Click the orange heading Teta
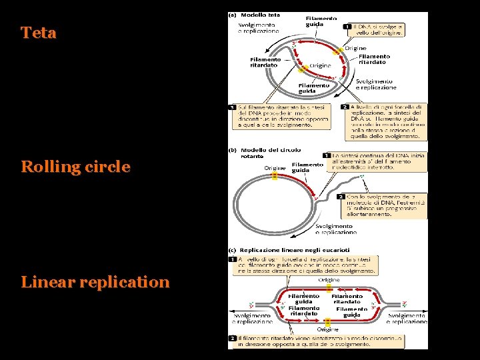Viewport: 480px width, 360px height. click(x=39, y=33)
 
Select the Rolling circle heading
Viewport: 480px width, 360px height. click(x=75, y=167)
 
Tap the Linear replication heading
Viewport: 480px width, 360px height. click(x=95, y=282)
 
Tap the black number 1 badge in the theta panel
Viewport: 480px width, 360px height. click(x=347, y=27)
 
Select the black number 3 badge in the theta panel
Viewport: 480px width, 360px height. click(x=232, y=107)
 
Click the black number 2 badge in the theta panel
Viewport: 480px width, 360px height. click(x=345, y=107)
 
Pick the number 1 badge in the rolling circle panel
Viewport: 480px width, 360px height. click(x=327, y=155)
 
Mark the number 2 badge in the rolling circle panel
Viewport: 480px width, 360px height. click(x=341, y=197)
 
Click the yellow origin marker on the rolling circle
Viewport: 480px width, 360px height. click(x=274, y=176)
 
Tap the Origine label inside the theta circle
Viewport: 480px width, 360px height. click(x=320, y=65)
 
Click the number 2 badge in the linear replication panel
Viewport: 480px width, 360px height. click(x=232, y=338)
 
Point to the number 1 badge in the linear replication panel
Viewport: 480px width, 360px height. click(x=232, y=259)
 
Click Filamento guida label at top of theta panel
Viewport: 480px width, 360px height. click(x=321, y=21)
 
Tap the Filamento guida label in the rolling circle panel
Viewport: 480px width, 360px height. click(x=307, y=167)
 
